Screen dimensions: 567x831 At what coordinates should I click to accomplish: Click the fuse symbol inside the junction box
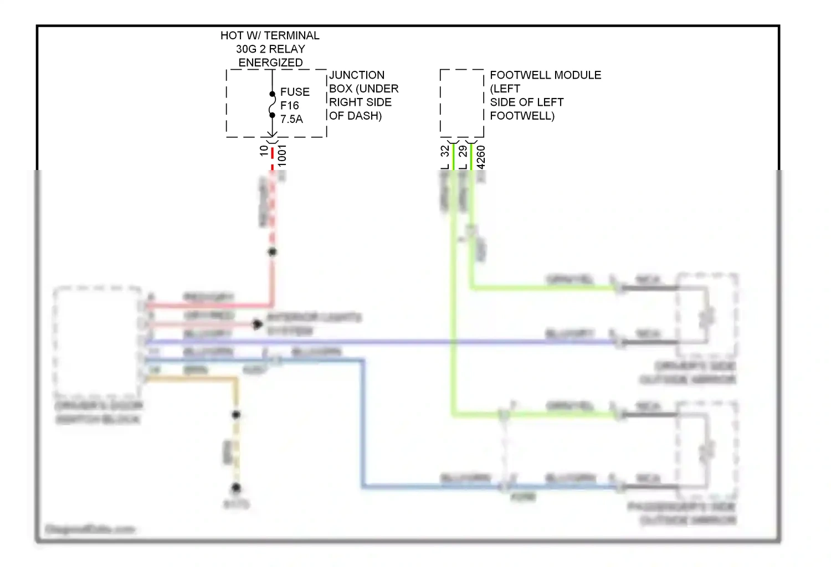point(272,105)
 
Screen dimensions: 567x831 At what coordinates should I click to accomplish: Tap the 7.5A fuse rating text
point(291,119)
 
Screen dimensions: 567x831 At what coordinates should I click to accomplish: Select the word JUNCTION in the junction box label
point(357,75)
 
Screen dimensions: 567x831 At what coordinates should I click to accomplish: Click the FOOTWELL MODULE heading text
point(545,75)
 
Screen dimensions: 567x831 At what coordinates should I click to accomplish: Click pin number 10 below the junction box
point(264,151)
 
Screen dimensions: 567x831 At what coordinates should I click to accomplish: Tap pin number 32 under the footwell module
point(445,151)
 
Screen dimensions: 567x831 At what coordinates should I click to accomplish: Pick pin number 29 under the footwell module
point(463,151)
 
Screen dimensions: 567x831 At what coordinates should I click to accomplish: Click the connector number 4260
point(481,157)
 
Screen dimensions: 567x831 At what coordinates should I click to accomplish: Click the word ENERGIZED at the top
point(270,63)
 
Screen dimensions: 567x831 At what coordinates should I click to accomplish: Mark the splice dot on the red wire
point(272,252)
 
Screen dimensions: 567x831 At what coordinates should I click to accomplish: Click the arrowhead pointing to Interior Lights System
point(258,324)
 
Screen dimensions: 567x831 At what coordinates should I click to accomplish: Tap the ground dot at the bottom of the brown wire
point(236,488)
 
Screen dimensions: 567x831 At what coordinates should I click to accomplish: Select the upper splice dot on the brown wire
point(236,414)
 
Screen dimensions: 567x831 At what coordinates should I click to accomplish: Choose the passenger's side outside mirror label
point(683,513)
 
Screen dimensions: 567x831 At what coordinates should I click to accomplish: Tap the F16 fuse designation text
point(289,105)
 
